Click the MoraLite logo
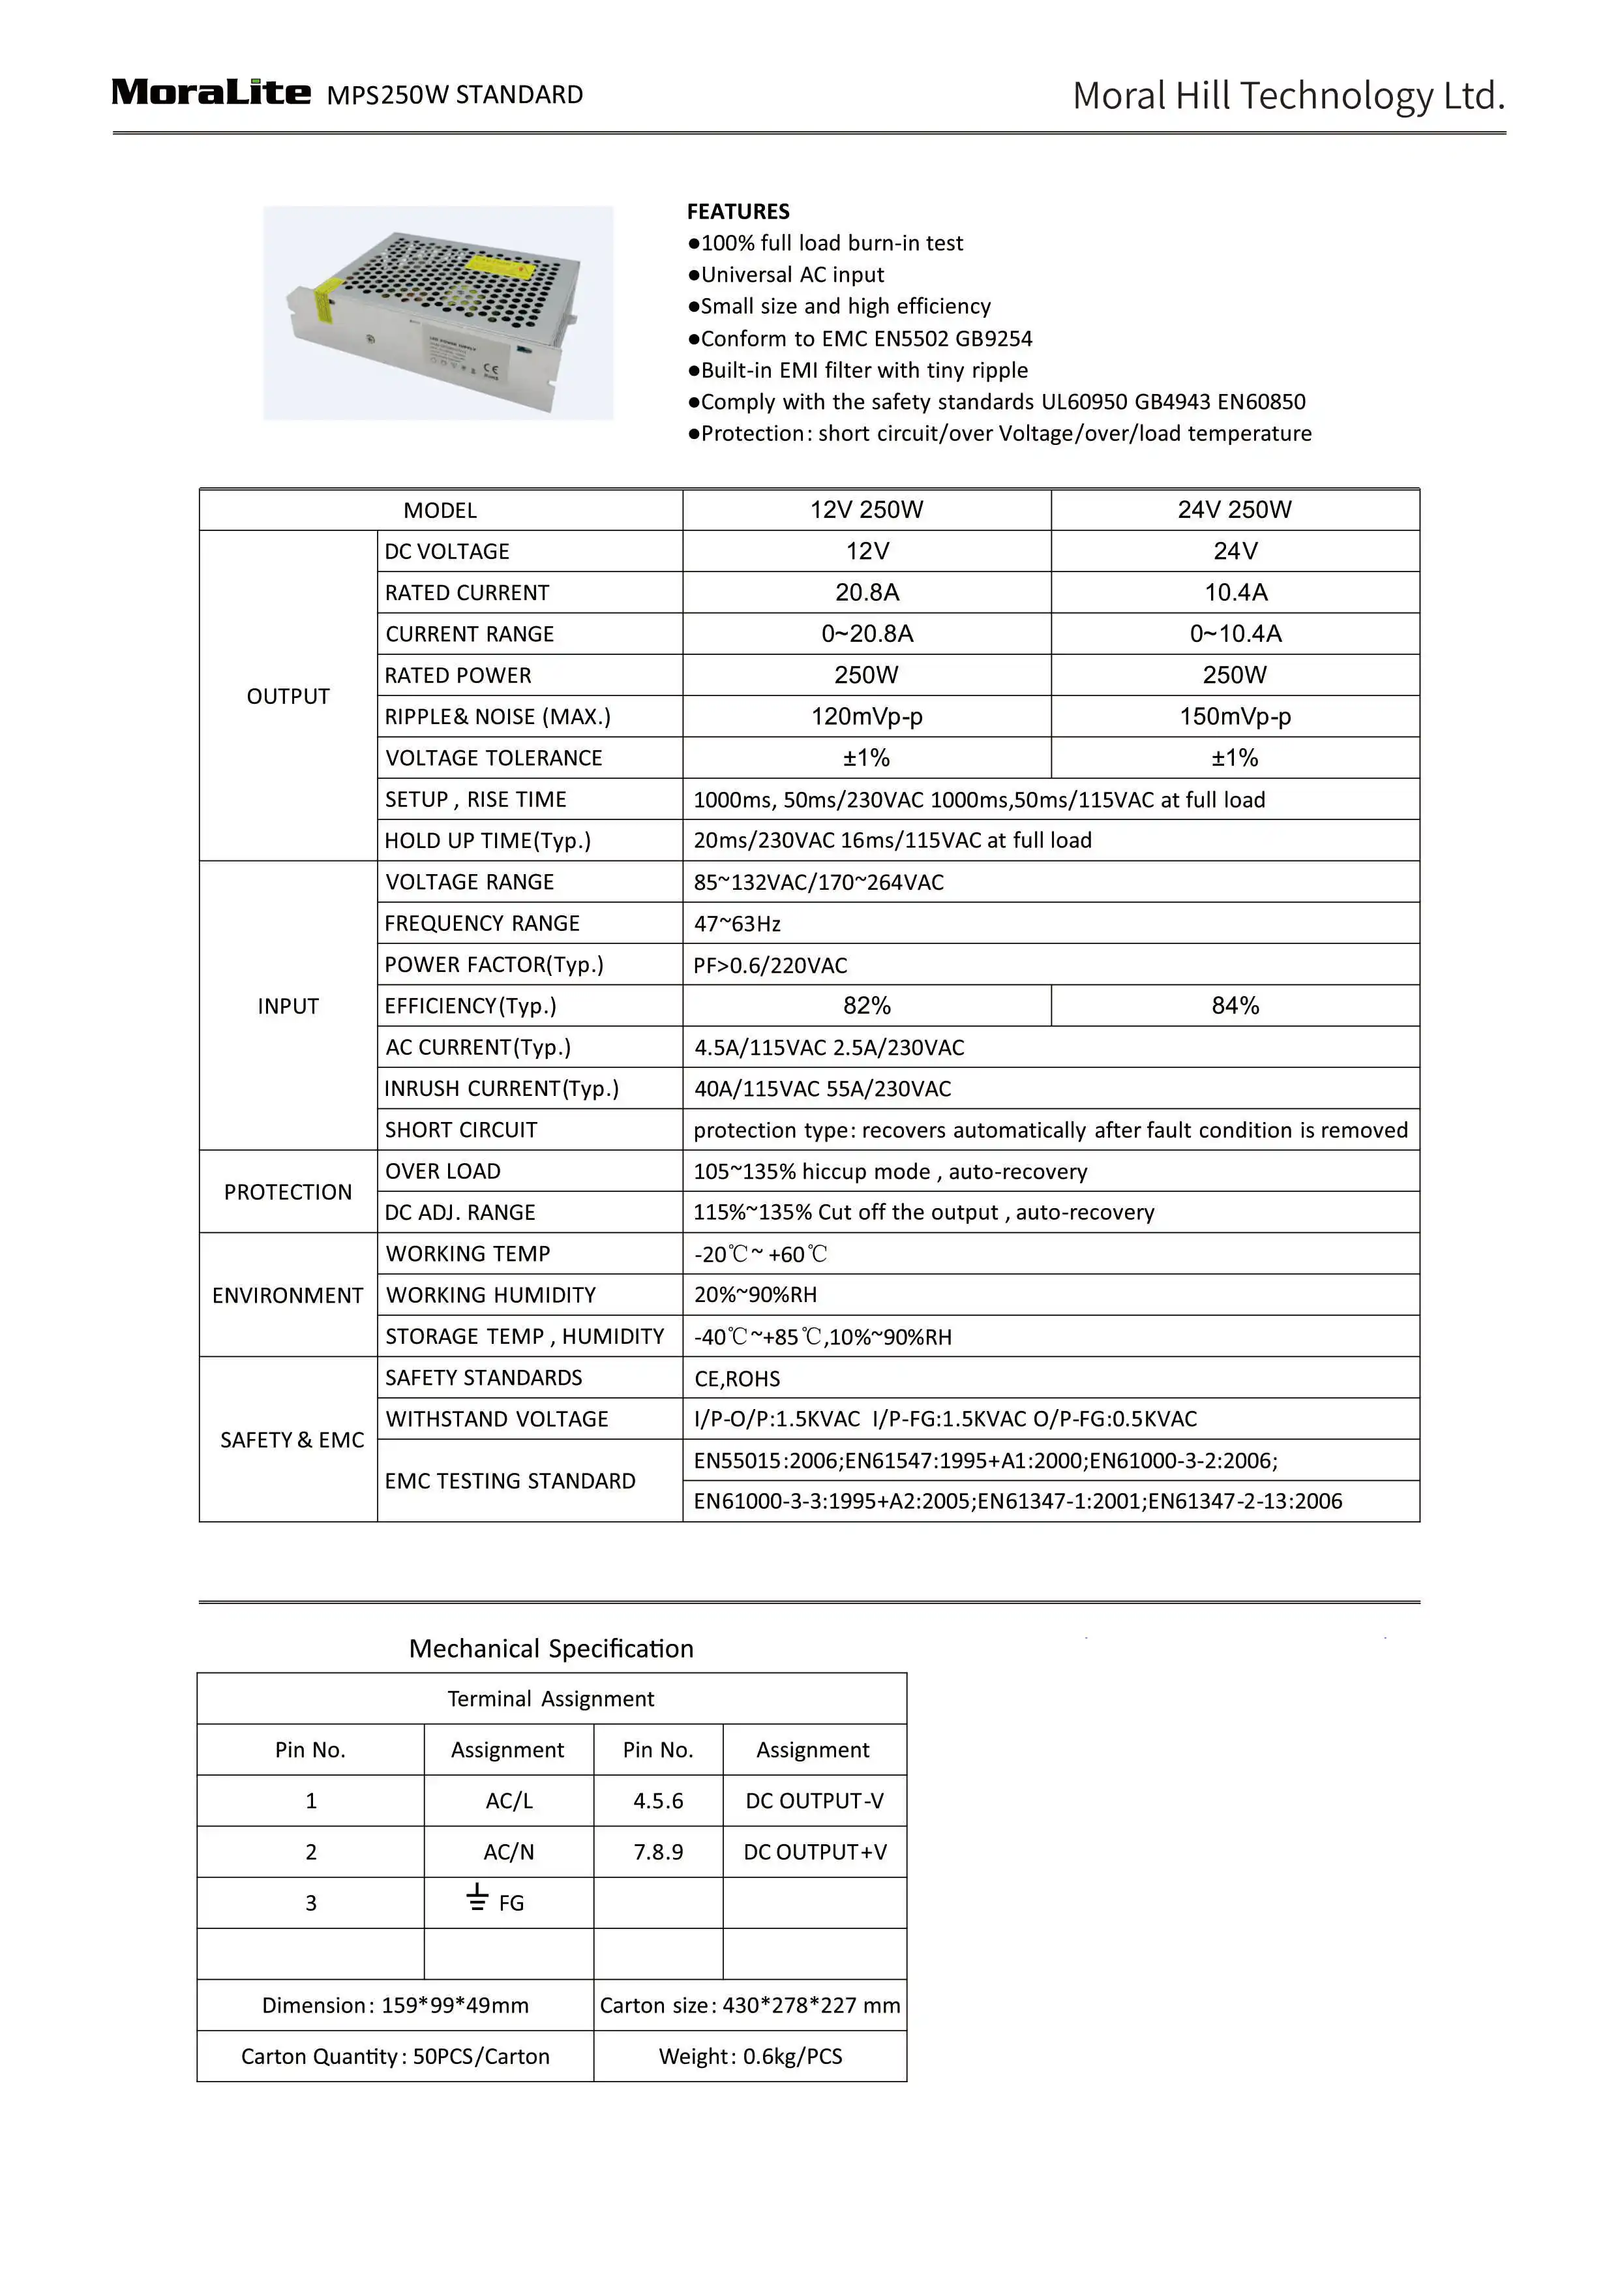[x=211, y=93]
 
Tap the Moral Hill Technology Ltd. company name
[x=1288, y=96]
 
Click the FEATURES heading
[x=738, y=211]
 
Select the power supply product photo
[x=438, y=312]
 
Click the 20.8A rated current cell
[x=867, y=593]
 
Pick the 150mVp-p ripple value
[x=1235, y=716]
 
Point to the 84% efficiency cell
[x=1235, y=1006]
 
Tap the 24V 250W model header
[x=1235, y=510]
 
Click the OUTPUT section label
[x=288, y=697]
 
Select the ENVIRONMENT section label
[x=288, y=1295]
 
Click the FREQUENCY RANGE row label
[x=483, y=924]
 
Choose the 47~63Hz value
[x=738, y=924]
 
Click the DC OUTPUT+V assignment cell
[x=815, y=1852]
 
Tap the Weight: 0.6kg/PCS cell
[x=750, y=2057]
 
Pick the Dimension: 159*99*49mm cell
[x=395, y=2006]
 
